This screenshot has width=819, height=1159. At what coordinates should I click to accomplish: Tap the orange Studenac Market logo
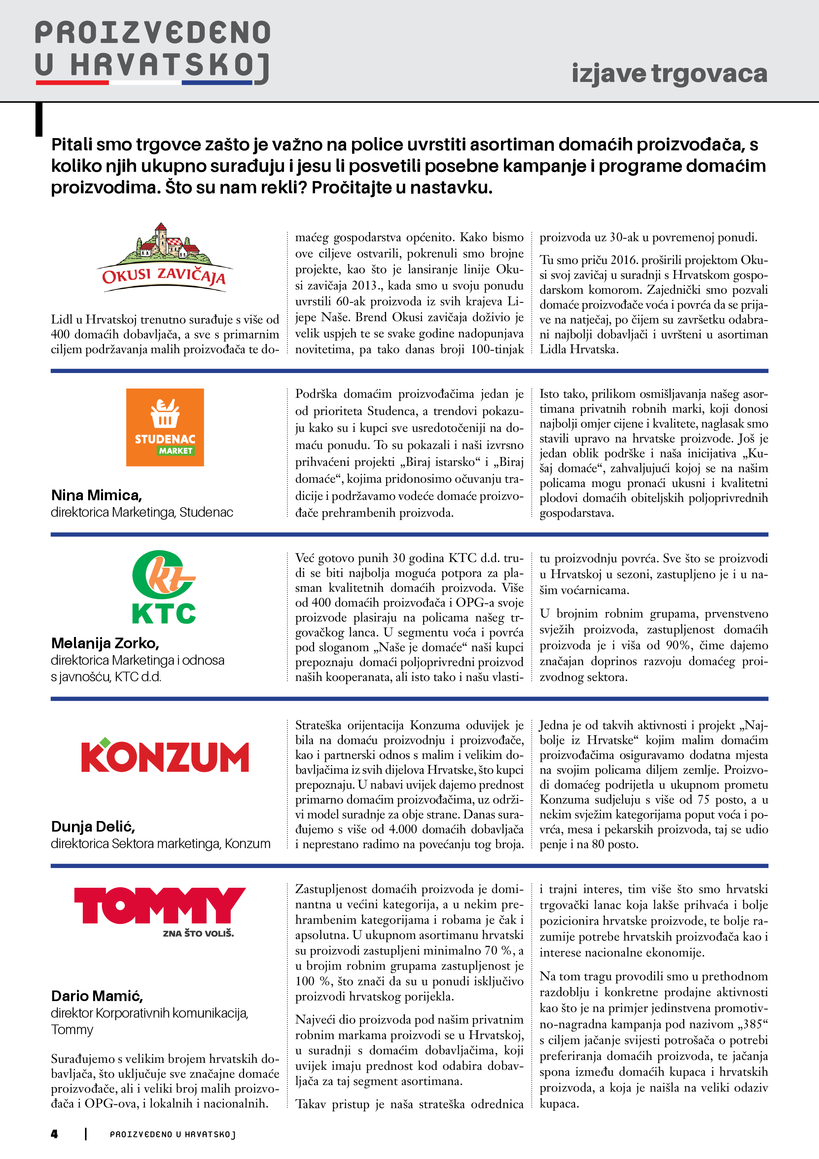click(165, 427)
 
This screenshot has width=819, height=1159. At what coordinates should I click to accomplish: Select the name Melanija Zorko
click(105, 643)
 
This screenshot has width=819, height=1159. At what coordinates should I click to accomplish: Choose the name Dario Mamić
click(97, 996)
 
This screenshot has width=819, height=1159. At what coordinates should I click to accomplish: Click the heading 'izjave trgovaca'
click(669, 74)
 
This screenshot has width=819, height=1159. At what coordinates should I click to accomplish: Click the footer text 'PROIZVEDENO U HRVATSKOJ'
click(173, 1134)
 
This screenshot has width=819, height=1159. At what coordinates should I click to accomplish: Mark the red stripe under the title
click(72, 82)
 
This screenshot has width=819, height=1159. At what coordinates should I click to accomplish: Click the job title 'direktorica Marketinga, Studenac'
click(142, 512)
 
